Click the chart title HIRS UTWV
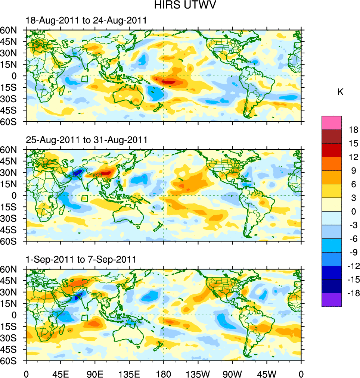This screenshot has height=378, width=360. coord(180,6)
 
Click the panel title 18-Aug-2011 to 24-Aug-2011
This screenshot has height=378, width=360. coord(86,21)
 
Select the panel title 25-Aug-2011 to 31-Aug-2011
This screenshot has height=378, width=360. coord(87,140)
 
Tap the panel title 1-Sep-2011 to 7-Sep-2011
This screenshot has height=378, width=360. coord(81,259)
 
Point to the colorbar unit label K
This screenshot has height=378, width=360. coord(340,92)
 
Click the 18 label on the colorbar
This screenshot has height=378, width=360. coord(353,130)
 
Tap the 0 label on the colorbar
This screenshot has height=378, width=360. coord(353,212)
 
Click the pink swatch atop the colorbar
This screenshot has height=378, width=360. coord(332,123)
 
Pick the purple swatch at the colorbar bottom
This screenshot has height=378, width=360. coord(332,300)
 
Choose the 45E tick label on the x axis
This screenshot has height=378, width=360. coord(60,373)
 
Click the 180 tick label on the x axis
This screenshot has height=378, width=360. coord(164,373)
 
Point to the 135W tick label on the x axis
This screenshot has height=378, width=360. coord(198,373)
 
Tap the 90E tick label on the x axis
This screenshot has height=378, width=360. coord(95,373)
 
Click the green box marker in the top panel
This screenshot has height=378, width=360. coord(85,79)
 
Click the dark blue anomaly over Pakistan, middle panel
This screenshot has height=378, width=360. coord(77,173)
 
